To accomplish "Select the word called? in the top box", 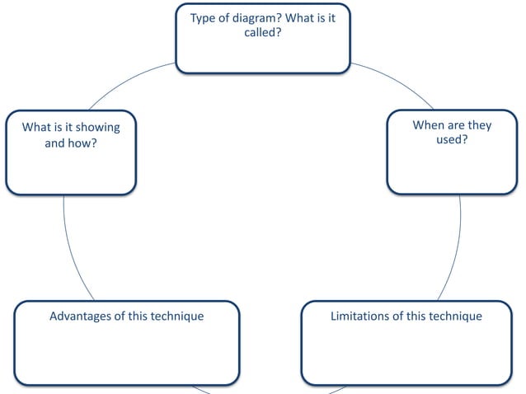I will click(263, 34).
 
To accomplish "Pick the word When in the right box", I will click(427, 125).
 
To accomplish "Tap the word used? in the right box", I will click(452, 140).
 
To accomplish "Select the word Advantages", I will click(85, 317).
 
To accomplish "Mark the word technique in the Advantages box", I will click(176, 317).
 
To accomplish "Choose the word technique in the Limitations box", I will click(454, 317).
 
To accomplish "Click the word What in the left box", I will click(37, 128).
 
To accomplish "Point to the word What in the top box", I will click(300, 19).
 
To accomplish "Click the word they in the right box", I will click(477, 125).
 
